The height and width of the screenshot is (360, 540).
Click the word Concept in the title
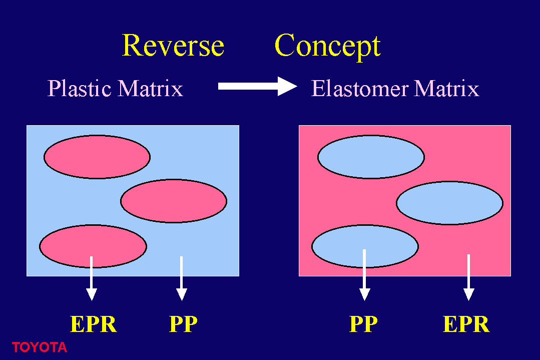[327, 47]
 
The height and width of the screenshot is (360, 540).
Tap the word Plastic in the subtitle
[79, 88]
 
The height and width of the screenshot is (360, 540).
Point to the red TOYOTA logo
[39, 347]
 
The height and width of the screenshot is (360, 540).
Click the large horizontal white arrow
[258, 86]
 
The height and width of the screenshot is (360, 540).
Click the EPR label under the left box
[93, 324]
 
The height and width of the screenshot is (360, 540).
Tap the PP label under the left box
[183, 324]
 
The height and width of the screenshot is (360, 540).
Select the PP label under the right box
[363, 324]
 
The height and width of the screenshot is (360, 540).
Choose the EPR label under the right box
[466, 324]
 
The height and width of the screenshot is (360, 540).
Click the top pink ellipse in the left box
[97, 157]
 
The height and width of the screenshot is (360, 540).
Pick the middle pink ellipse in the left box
[174, 201]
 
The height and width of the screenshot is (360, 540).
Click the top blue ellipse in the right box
[371, 157]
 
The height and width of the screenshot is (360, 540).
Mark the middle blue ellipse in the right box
[449, 203]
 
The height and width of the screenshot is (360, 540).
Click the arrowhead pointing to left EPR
[91, 294]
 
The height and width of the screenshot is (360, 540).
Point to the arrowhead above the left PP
[182, 294]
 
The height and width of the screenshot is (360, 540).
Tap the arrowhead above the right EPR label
[468, 294]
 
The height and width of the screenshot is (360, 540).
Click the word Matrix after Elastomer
[446, 88]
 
